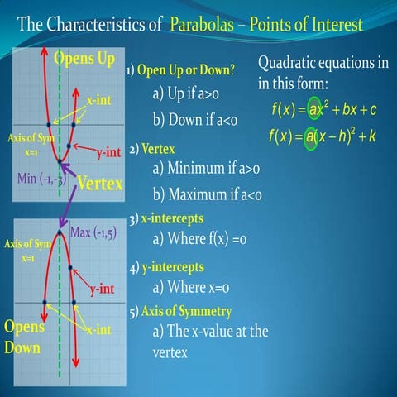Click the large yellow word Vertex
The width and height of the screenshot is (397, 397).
coord(100,183)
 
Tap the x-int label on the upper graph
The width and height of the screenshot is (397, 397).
coord(100,100)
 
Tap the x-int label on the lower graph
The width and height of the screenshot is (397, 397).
coord(99,329)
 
